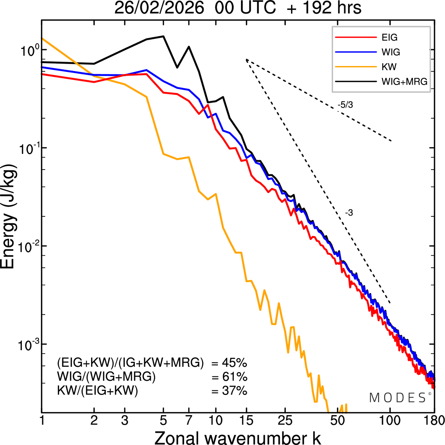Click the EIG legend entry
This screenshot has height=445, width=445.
point(389,38)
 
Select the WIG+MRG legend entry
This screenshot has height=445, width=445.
point(404,82)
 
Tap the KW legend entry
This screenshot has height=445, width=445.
point(389,67)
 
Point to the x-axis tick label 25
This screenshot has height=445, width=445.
point(285,421)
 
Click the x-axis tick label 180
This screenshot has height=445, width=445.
point(434,421)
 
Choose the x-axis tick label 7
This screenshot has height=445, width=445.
point(189,421)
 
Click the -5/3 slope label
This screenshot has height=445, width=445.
point(345,105)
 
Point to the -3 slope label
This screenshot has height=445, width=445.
point(349,213)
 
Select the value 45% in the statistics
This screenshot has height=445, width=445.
point(234,363)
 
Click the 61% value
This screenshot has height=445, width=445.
point(234,377)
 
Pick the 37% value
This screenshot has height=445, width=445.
point(234,391)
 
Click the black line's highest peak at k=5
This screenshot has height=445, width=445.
point(163,36)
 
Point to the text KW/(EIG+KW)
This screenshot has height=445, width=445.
point(98,391)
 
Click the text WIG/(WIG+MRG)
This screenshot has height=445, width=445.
point(106,377)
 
